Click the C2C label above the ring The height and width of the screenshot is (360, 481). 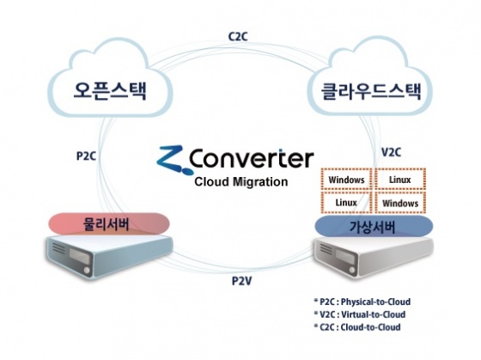pos(238,37)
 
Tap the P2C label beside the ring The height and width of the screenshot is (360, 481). pos(86,156)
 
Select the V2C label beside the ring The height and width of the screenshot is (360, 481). pos(391,152)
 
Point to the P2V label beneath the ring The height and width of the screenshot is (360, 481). pos(241,281)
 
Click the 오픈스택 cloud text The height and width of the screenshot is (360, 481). pos(110,90)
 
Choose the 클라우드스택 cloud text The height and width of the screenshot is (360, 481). pos(371,90)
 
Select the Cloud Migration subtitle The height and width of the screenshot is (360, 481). pos(241,181)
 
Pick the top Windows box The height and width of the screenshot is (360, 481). pos(346,180)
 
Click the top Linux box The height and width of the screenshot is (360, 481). pos(400,180)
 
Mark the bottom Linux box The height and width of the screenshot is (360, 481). pos(346,203)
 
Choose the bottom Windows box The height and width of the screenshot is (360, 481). pos(400,203)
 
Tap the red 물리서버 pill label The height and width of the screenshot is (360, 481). pos(108,223)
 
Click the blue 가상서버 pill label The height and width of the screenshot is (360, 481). pos(374,227)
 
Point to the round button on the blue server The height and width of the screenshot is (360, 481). pos(87,271)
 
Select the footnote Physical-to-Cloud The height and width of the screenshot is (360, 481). pos(375,302)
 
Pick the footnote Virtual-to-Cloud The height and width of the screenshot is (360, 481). pos(373,314)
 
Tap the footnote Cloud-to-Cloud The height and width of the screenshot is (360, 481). pos(370,326)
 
